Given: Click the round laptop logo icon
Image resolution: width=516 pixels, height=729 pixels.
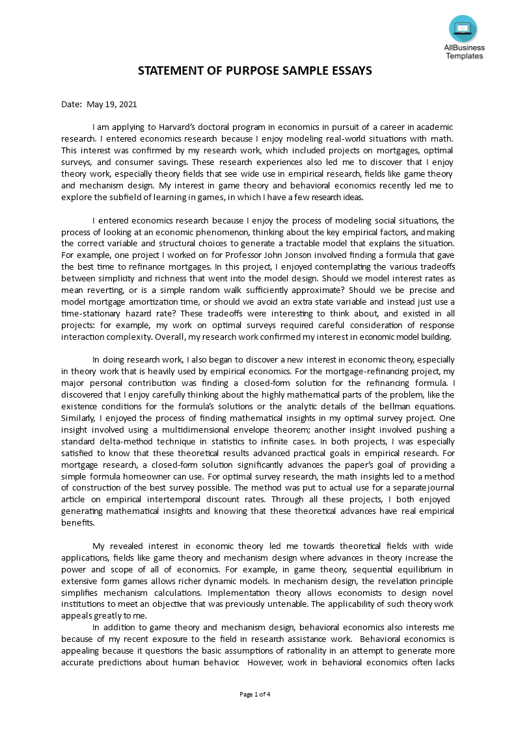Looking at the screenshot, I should (463, 29).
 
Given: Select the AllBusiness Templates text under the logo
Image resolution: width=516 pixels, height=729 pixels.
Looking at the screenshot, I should (463, 51).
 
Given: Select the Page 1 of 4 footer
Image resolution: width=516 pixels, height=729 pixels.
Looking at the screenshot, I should (255, 694).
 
